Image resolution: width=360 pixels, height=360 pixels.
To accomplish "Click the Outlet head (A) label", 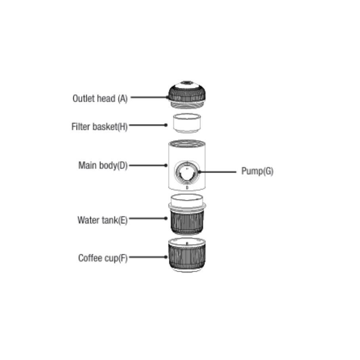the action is [x=100, y=99].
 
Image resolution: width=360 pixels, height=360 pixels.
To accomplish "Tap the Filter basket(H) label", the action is [x=99, y=126].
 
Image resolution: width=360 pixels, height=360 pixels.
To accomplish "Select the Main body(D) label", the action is [x=103, y=165].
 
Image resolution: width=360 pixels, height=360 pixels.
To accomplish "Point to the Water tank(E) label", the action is [x=102, y=220].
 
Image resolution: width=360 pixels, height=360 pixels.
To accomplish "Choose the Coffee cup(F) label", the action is [x=103, y=258].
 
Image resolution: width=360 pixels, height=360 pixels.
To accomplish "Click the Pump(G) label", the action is [x=257, y=171].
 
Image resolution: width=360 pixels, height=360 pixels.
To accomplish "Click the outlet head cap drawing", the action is [x=187, y=94].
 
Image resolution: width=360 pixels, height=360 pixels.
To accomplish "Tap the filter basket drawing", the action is [x=187, y=123].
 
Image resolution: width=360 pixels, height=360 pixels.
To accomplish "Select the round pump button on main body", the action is [x=187, y=173].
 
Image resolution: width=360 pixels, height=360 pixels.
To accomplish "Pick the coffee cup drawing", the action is [x=187, y=255].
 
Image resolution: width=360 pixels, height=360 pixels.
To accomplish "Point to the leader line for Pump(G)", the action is [x=217, y=172].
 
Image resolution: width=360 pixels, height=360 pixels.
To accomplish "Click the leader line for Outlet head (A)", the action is [x=149, y=97].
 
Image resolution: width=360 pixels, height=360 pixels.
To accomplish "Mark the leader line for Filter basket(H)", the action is [x=148, y=125].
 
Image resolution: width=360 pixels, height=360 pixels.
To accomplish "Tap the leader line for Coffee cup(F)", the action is [x=148, y=257].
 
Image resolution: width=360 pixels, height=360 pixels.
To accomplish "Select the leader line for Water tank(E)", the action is [x=148, y=218].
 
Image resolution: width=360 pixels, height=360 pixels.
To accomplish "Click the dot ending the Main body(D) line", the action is [x=166, y=165].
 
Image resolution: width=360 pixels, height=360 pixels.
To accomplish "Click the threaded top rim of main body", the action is [x=187, y=144].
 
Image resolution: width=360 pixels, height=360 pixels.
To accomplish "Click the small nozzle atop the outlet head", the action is [x=187, y=82].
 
